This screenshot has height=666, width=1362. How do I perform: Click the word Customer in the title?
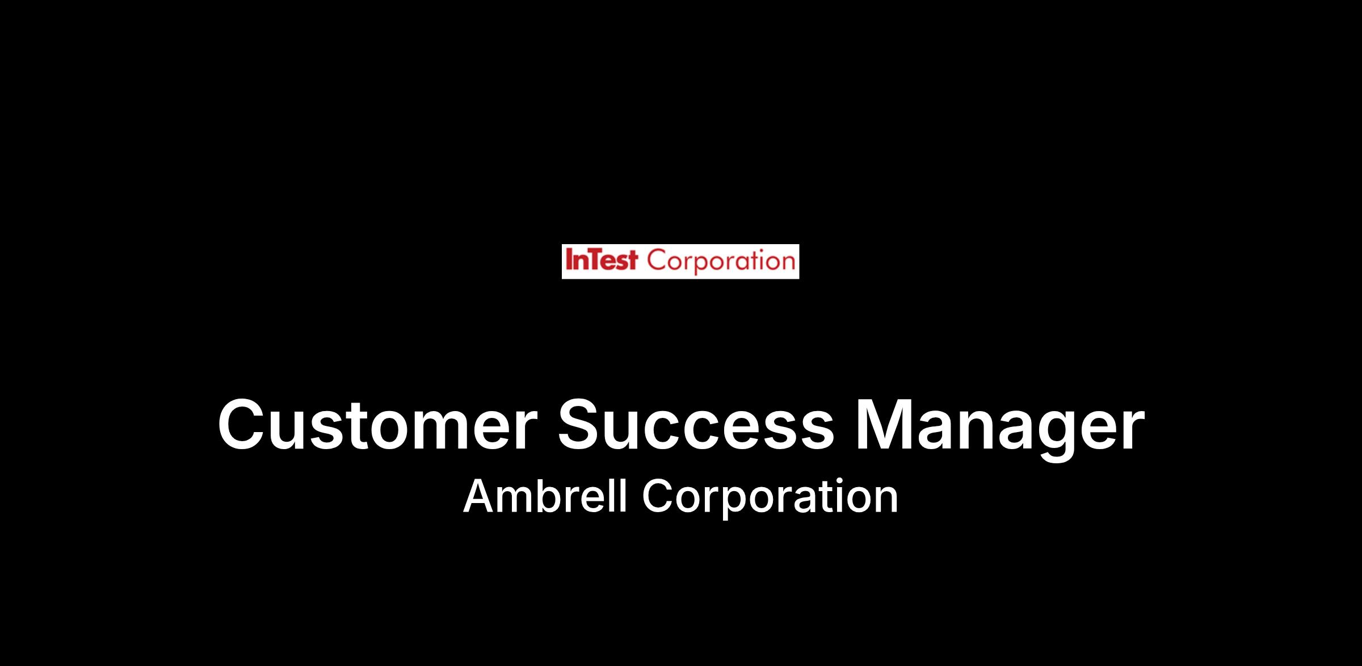377,425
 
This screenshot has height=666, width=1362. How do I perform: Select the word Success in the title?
696,425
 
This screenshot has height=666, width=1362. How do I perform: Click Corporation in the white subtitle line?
770,499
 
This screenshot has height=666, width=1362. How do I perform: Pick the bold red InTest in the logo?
602,261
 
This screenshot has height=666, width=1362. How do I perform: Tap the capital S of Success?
582,425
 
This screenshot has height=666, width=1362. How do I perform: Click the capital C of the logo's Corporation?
657,261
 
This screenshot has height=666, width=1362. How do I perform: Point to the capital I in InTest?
568,261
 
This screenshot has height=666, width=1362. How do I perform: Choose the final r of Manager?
1132,432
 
